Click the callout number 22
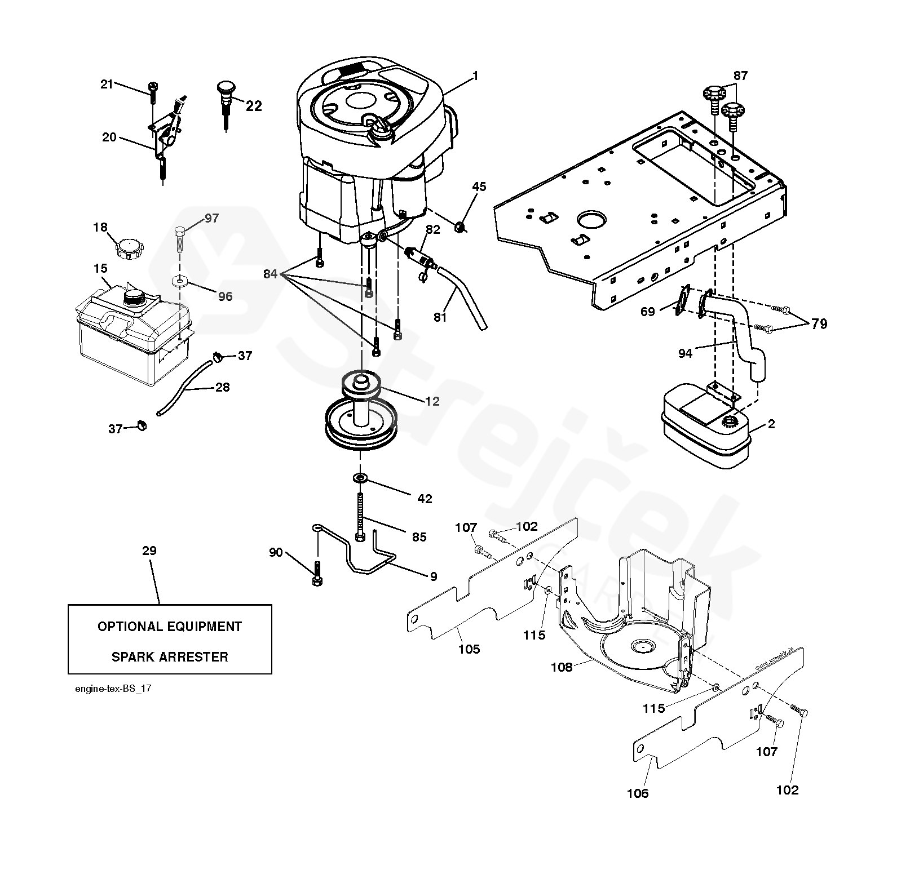[x=254, y=106]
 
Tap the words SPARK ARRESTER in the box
[x=170, y=657]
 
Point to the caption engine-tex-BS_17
[x=113, y=689]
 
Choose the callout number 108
[x=562, y=667]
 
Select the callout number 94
[x=685, y=353]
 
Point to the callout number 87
[x=740, y=76]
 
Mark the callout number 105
[x=469, y=649]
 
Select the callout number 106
[x=638, y=793]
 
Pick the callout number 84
[x=271, y=274]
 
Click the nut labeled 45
[x=460, y=227]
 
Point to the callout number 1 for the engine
[x=475, y=76]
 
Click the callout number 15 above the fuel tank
[x=101, y=268]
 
